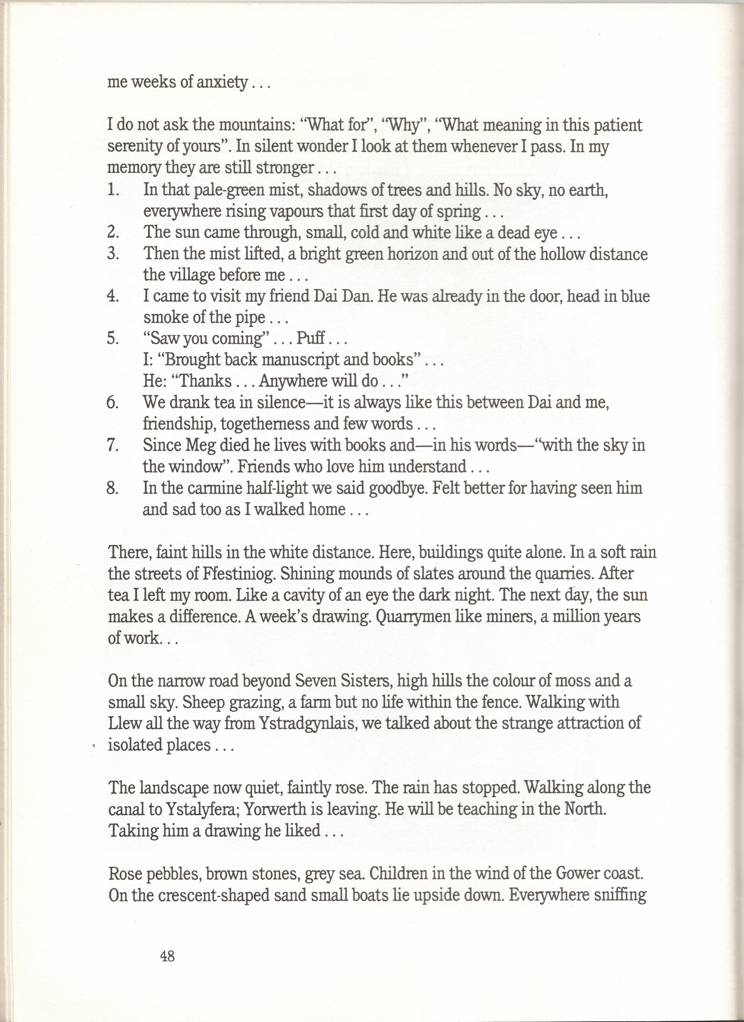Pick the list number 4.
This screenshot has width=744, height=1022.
point(112,297)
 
